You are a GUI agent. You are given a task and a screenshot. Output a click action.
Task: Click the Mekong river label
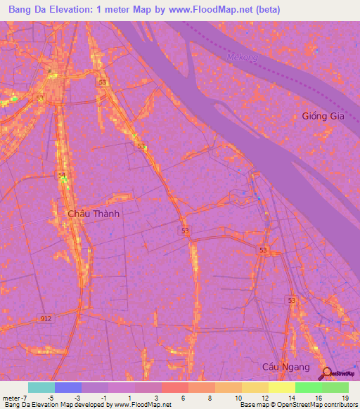238,58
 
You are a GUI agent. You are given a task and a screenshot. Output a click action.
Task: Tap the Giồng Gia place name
323,116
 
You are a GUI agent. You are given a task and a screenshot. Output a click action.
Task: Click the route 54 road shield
62,174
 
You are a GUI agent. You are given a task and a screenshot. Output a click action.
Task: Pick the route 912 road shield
46,318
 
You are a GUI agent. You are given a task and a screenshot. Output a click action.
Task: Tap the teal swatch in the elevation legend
41,387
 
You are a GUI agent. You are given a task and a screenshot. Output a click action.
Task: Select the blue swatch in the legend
68,387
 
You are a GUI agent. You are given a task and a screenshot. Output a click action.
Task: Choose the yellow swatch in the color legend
282,387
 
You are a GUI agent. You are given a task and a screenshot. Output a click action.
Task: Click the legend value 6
184,397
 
